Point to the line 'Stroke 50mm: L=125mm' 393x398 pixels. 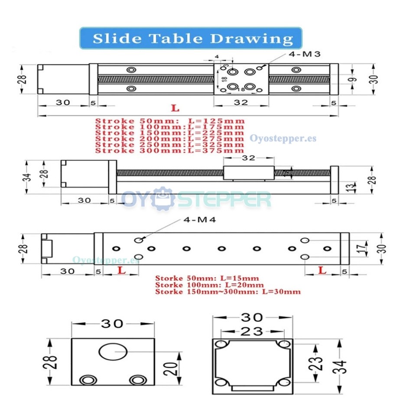click(x=170, y=121)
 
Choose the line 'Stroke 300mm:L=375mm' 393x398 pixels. click(x=170, y=150)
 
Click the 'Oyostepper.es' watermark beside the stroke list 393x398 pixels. click(x=283, y=139)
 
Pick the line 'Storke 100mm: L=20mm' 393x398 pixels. click(x=210, y=285)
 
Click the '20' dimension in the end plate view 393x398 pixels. click(x=172, y=368)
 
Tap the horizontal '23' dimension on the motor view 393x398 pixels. click(x=252, y=331)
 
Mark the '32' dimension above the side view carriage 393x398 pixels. click(x=248, y=158)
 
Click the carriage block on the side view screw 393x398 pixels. click(x=248, y=172)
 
